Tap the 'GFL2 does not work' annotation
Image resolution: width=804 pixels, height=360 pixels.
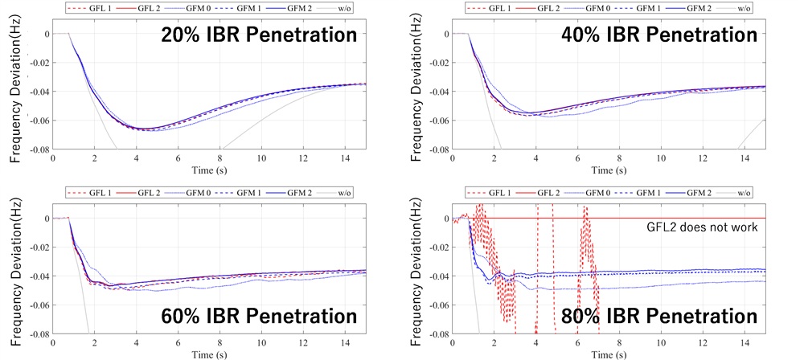click(x=698, y=227)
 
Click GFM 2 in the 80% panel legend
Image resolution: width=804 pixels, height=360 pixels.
click(x=703, y=193)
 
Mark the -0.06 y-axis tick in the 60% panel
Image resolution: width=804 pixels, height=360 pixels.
click(x=35, y=305)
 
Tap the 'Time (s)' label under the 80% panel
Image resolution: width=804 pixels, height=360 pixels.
click(x=609, y=354)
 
